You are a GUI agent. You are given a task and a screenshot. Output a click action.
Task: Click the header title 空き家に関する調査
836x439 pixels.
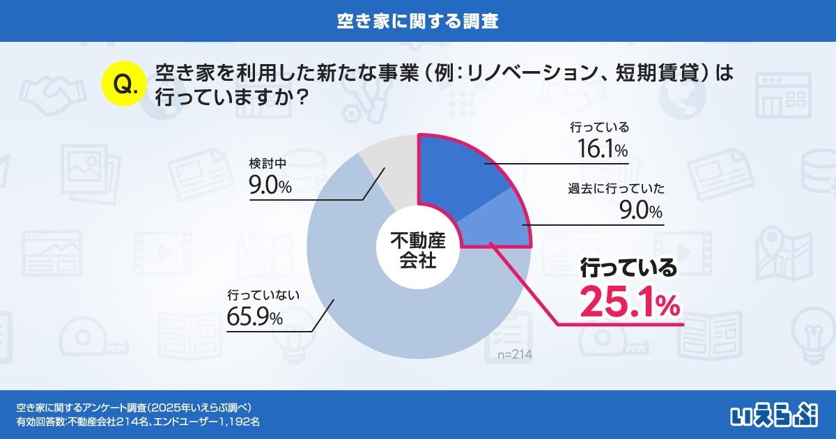pos(417,20)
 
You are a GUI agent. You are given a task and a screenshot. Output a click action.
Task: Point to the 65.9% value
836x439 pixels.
pos(254,318)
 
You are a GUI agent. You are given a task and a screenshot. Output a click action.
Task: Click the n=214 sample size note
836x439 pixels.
pos(515,355)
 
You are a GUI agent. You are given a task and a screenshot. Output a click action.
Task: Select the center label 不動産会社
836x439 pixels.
pos(417,251)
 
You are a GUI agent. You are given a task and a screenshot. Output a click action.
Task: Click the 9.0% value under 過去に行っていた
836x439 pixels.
pos(640,210)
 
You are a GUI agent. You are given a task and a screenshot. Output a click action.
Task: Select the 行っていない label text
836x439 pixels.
pos(263,295)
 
